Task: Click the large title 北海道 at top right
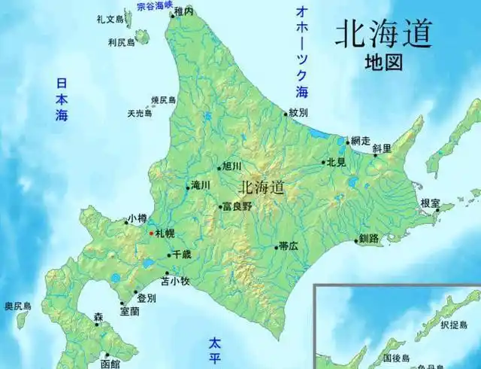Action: tap(384, 34)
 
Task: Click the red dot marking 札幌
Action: tap(150, 234)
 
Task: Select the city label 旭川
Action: tap(231, 166)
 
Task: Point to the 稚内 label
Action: tap(184, 11)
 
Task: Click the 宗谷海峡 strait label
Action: tap(153, 5)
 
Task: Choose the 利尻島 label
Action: tap(120, 42)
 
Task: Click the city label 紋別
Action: tap(298, 113)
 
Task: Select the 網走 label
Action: tap(362, 141)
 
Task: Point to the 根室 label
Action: tap(431, 203)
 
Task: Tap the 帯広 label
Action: tap(288, 245)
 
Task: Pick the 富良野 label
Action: tap(237, 206)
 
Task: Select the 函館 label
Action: tap(110, 364)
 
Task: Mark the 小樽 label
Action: tap(137, 218)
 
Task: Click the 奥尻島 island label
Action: tap(17, 306)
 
